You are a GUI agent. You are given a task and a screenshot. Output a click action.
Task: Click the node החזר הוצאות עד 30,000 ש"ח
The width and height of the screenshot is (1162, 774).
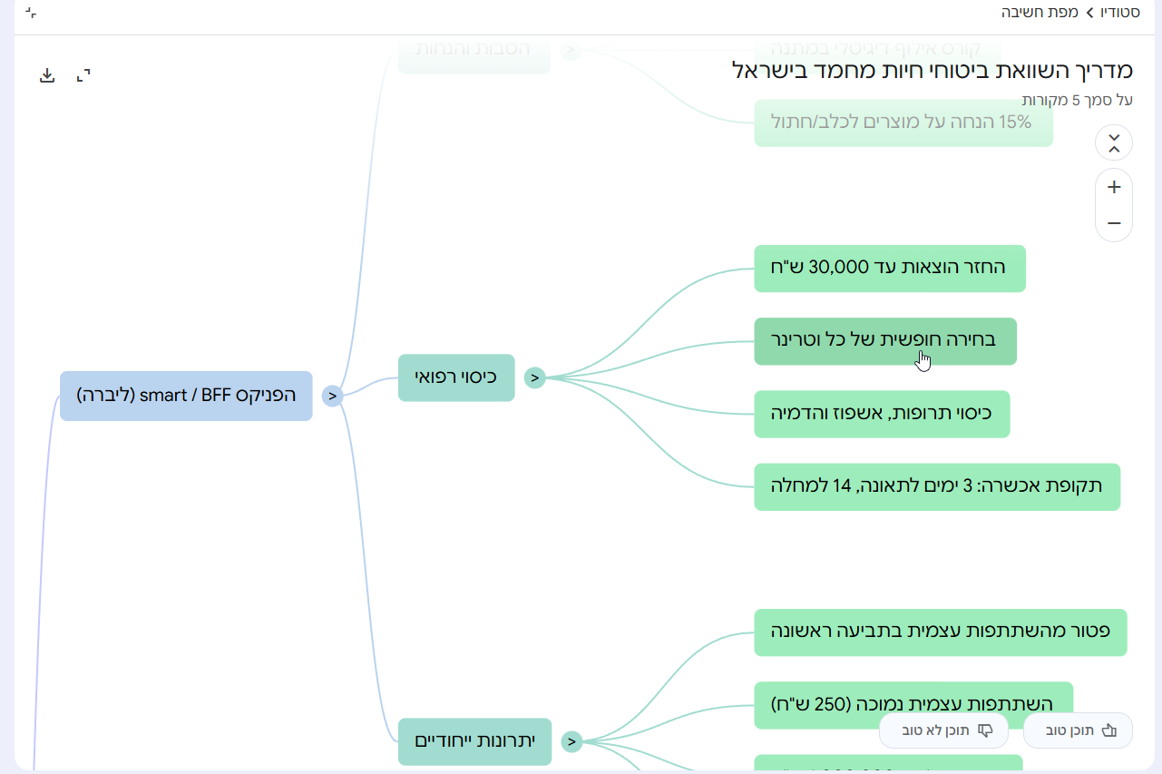(889, 268)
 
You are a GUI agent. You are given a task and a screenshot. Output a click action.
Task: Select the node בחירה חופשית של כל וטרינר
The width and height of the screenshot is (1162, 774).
(884, 341)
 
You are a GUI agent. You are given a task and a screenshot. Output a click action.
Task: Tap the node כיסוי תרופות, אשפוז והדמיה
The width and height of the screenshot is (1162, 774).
(881, 414)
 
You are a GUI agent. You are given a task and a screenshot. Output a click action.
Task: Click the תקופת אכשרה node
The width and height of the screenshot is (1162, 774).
(936, 486)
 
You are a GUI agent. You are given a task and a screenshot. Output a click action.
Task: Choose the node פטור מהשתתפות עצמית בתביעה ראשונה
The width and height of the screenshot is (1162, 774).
(940, 632)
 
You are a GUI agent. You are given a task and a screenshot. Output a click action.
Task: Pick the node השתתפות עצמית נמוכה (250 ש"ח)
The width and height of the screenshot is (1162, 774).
(913, 704)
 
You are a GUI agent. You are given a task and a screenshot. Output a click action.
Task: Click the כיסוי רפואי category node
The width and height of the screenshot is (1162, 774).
(456, 377)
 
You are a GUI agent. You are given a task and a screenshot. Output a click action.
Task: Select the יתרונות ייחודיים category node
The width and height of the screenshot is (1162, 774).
(474, 741)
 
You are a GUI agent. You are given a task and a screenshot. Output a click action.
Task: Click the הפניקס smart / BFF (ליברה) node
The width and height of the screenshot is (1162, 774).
(186, 396)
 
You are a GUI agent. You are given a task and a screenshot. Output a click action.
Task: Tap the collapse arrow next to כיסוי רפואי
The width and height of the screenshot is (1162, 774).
(535, 377)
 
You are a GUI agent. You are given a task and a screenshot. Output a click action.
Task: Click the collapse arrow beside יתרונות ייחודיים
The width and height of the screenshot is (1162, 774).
(571, 741)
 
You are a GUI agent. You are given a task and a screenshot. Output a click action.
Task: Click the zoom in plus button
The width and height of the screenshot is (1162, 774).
(1114, 188)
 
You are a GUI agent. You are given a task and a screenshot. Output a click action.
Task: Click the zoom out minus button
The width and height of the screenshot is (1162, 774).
(1114, 223)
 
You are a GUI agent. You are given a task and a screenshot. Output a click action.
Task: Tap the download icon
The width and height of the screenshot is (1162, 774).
(47, 75)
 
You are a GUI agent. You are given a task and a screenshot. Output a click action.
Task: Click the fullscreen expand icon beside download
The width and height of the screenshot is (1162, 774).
(83, 75)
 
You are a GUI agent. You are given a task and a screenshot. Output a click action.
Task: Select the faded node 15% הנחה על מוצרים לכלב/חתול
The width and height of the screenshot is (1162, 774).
(903, 122)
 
